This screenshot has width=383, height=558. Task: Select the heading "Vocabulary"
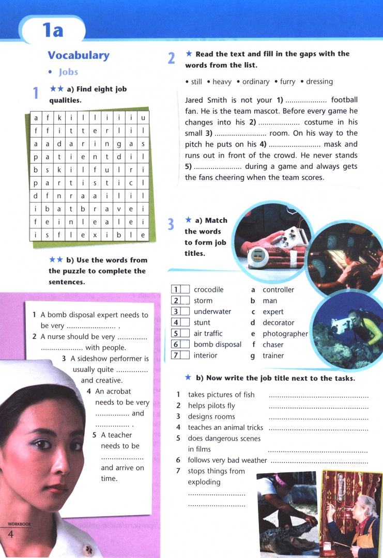79,55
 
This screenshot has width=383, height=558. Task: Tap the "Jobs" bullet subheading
68,72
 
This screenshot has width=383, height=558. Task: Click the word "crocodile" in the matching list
208,290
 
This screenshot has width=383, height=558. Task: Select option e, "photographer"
285,334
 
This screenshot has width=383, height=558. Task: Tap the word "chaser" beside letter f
273,345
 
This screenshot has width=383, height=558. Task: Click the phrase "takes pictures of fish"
221,395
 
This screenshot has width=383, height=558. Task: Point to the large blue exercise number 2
172,58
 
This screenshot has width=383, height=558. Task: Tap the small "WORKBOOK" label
19,524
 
